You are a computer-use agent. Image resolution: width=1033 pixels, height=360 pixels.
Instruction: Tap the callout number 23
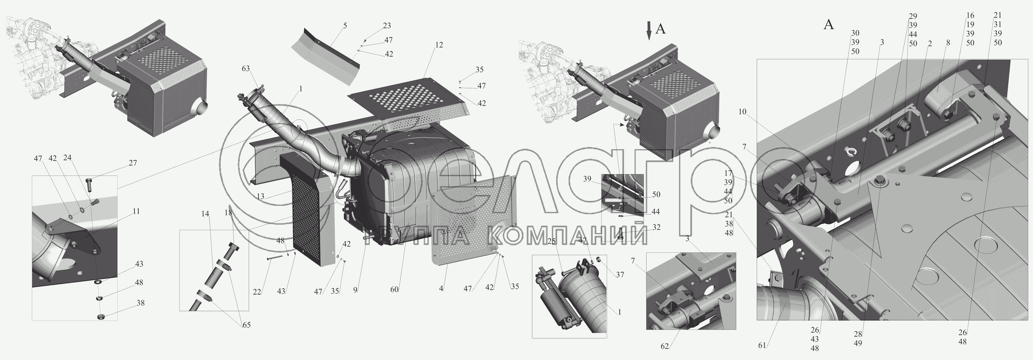387,26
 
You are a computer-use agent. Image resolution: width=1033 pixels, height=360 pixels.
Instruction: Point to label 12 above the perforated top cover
439,45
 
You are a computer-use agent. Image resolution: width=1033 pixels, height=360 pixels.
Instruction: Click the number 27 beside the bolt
133,163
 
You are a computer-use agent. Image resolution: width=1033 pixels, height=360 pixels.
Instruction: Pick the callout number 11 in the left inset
136,211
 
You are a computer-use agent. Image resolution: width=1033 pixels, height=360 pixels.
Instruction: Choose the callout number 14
205,214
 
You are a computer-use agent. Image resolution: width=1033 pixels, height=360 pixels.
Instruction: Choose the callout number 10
742,112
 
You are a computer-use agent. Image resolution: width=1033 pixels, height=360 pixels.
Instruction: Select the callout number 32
656,228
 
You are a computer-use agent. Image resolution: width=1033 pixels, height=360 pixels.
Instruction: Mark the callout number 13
261,196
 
